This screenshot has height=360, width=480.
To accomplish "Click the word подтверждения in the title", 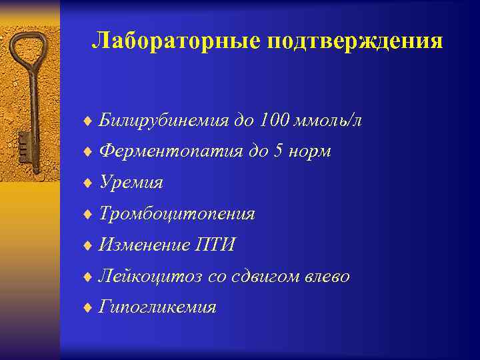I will (355, 41).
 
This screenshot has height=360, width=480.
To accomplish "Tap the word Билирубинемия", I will (162, 120).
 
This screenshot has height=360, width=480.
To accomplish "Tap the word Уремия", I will (131, 182).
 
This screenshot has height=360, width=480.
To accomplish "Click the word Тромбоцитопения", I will (177, 213).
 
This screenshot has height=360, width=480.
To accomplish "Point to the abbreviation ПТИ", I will (213, 245).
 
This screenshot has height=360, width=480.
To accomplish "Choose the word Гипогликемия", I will (157, 307).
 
